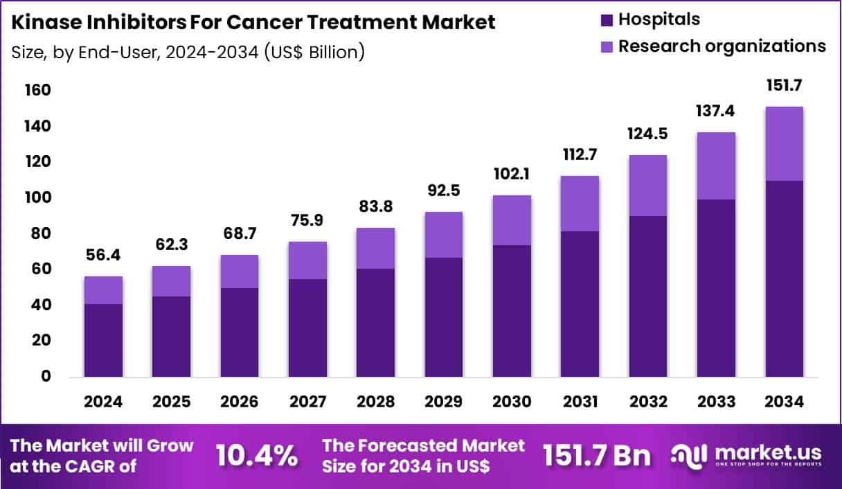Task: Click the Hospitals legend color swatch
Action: pos(607,20)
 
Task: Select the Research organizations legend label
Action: pos(722,46)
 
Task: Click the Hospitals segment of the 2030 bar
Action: pos(512,311)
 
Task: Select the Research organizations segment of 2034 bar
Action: pos(784,144)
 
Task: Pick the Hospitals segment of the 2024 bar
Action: pos(103,340)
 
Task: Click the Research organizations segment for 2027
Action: pos(307,260)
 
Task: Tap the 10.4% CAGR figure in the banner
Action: pos(257,456)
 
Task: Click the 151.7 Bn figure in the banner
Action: pos(596,456)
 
